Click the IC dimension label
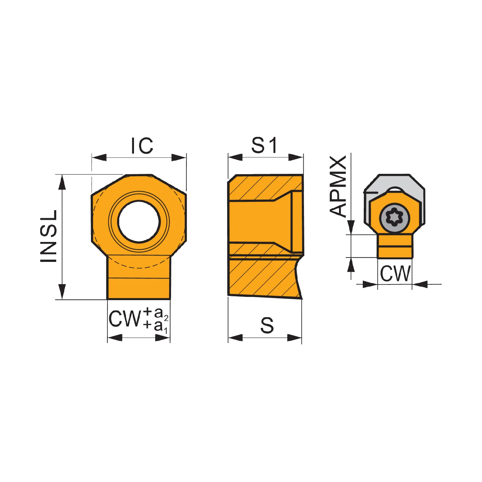tap(142, 146)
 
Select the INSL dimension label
tap(49, 236)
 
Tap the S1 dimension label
tap(264, 145)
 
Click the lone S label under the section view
tap(267, 325)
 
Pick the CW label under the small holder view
tap(395, 273)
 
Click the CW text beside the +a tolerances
tap(125, 319)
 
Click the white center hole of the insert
tap(139, 221)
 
